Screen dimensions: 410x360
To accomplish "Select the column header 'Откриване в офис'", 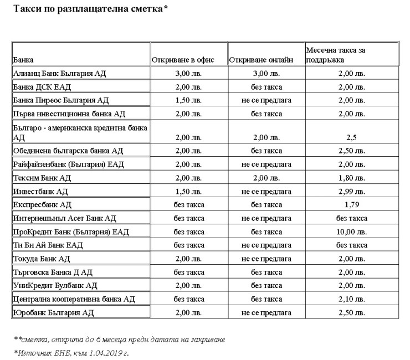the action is [x=183, y=59].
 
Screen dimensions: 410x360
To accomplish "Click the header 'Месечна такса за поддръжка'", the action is [x=335, y=54].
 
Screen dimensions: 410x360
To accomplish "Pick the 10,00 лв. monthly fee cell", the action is [x=352, y=232].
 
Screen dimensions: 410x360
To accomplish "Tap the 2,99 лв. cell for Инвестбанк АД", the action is [x=352, y=192].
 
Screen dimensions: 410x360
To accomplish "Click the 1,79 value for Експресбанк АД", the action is [x=352, y=205].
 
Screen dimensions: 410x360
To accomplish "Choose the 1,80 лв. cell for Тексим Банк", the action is [x=352, y=178].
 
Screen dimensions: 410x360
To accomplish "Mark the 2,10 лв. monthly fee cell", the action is [x=352, y=299].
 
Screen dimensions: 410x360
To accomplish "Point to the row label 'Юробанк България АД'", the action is [x=53, y=313].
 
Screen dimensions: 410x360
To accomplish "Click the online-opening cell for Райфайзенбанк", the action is [x=266, y=164].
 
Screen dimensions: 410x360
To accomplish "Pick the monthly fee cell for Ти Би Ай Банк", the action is [x=352, y=245].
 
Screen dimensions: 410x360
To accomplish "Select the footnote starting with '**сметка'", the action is [x=120, y=339].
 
